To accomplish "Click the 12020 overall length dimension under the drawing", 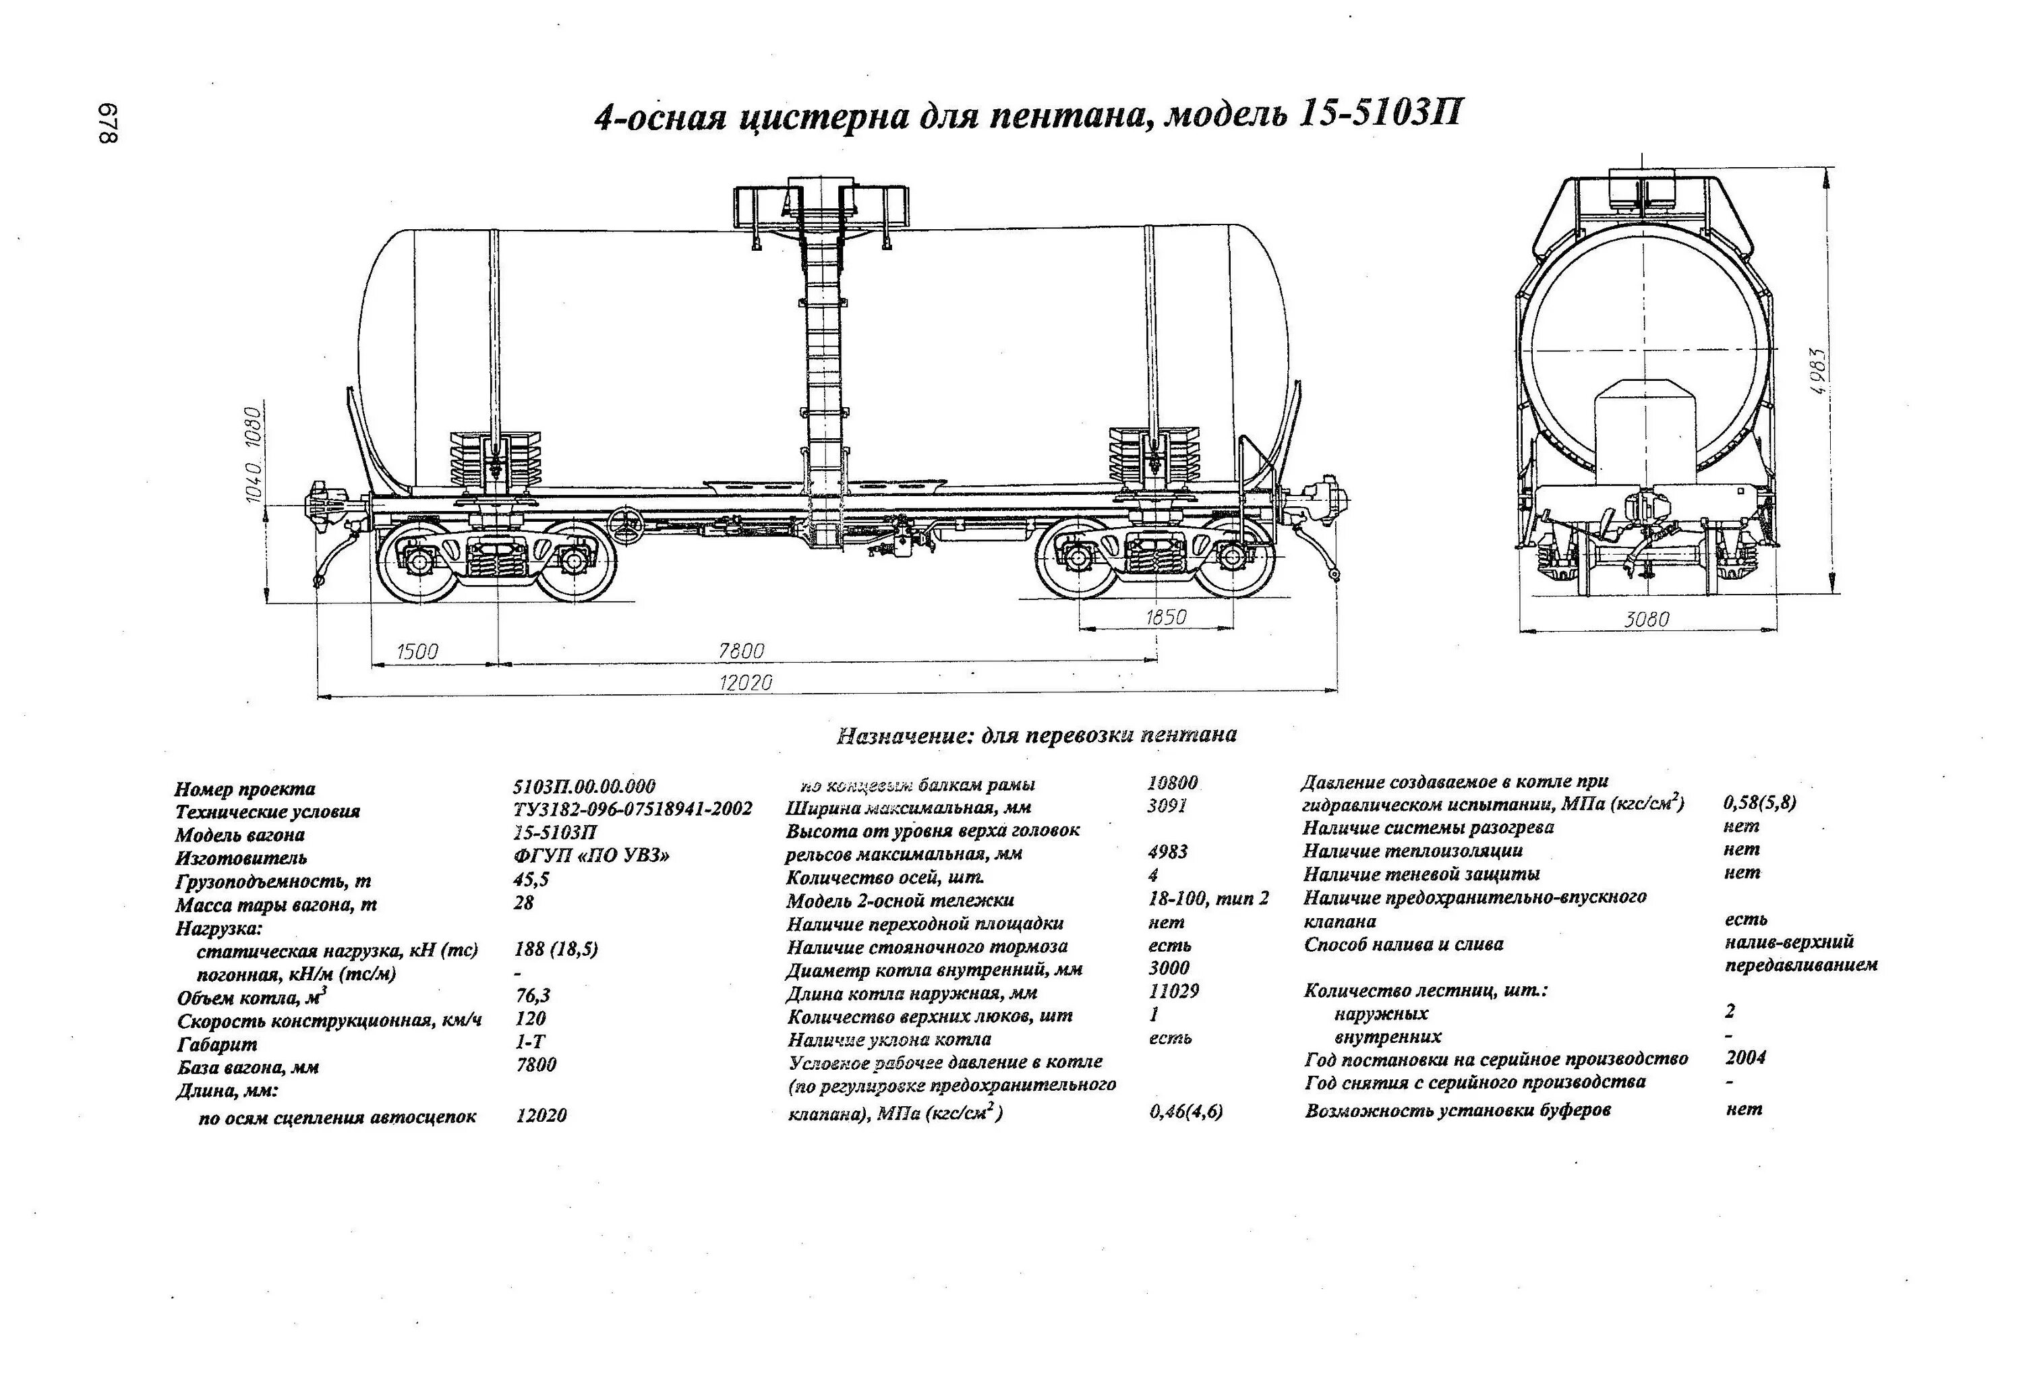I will pyautogui.click(x=745, y=682).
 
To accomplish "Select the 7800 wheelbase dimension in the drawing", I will pyautogui.click(x=741, y=650).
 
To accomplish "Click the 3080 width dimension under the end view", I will pyautogui.click(x=1647, y=620).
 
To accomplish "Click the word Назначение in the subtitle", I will pyautogui.click(x=903, y=736).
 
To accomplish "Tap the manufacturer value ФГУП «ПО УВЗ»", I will pyautogui.click(x=592, y=855).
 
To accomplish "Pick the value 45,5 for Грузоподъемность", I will pyautogui.click(x=531, y=879).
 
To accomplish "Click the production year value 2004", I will pyautogui.click(x=1745, y=1057).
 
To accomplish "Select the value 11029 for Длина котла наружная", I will pyautogui.click(x=1173, y=991).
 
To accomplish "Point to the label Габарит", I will pyautogui.click(x=216, y=1044).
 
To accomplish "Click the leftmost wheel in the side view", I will pyautogui.click(x=419, y=562).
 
